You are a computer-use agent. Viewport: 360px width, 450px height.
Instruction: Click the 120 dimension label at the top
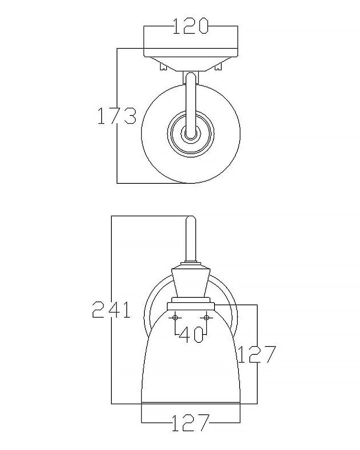point(191,26)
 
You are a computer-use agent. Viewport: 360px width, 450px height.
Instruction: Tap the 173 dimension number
point(117,115)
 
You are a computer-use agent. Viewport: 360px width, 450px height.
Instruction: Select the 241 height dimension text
point(111,310)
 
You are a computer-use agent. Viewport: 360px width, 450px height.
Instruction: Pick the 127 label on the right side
point(257,354)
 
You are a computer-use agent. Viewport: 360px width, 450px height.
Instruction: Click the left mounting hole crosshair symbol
point(175,318)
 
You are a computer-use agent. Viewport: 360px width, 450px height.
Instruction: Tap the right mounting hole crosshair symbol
point(207,318)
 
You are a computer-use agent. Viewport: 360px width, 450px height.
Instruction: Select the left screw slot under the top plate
point(163,67)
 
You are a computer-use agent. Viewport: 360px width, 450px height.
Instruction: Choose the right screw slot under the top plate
point(218,67)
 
